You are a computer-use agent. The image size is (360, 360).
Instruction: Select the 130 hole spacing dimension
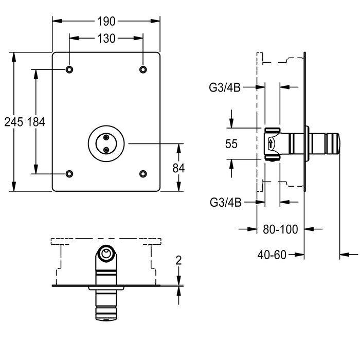(x=106, y=39)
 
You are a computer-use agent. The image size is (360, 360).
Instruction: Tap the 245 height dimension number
(x=13, y=122)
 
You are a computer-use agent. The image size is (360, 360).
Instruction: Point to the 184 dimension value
(x=36, y=122)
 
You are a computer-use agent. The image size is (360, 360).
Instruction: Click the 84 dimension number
(x=178, y=168)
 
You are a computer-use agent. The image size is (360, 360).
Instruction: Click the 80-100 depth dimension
(x=280, y=230)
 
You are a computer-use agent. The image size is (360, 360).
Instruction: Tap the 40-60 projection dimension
(x=273, y=254)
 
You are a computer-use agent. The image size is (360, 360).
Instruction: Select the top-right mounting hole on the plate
(x=143, y=69)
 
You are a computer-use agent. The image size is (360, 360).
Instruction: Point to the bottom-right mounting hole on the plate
(x=143, y=174)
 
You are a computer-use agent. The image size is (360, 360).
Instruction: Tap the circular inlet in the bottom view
(x=106, y=253)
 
